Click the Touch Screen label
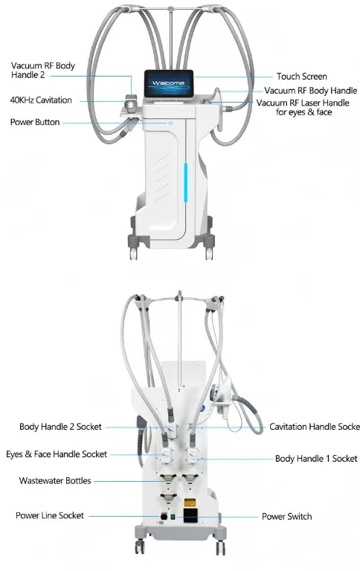coord(301,76)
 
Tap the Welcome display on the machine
coord(168,84)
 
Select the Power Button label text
coord(35,122)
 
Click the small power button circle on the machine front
coord(170,123)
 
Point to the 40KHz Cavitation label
coord(41,100)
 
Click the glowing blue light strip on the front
coord(185,182)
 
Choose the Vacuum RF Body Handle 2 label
coord(43,71)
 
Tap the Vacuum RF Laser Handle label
coord(303,107)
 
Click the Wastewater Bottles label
coord(55,481)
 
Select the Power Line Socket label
coord(50,515)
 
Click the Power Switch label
coord(287,517)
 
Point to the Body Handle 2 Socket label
coord(60,427)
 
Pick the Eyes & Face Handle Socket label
coord(57,454)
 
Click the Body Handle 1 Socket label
coord(316,459)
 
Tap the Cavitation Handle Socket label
coord(315,427)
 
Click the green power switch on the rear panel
coord(173,517)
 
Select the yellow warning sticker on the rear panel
coord(189,503)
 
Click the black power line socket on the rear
coord(164,517)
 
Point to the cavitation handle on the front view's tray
coord(130,102)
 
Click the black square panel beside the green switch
coord(190,516)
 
